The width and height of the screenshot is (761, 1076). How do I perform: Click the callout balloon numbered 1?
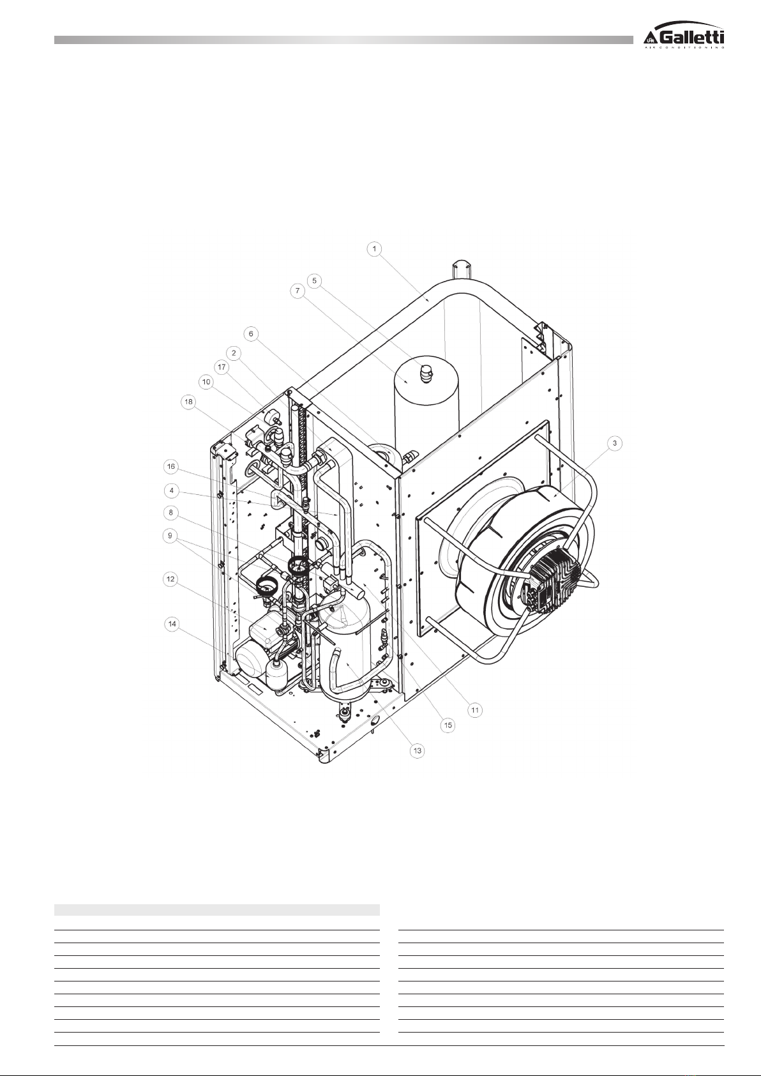tap(375, 249)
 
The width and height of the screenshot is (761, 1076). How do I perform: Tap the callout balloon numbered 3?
tap(615, 443)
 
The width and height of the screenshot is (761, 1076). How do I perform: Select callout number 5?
tap(315, 280)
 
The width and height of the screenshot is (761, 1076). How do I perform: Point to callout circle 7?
tap(298, 291)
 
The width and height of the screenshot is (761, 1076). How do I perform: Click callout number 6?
tap(251, 334)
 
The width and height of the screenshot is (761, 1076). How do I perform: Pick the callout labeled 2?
tap(234, 353)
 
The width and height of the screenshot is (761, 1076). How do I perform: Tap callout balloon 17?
tap(222, 367)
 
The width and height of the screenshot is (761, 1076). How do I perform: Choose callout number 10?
tap(206, 383)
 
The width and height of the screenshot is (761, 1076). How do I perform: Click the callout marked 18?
tap(188, 402)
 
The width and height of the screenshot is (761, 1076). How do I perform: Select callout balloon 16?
tap(171, 466)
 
